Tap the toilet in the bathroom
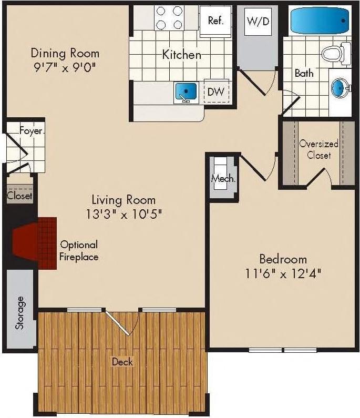pyautogui.click(x=333, y=53)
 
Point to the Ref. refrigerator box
pyautogui.click(x=215, y=21)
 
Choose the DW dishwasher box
pyautogui.click(x=215, y=92)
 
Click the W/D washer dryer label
pyautogui.click(x=258, y=22)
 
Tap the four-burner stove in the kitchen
pyautogui.click(x=170, y=17)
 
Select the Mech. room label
pyautogui.click(x=223, y=178)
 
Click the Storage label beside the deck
pyautogui.click(x=20, y=313)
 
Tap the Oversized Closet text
pyautogui.click(x=319, y=149)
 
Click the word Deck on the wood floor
pyautogui.click(x=122, y=362)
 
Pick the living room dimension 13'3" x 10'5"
pyautogui.click(x=124, y=214)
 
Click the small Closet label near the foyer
pyautogui.click(x=19, y=196)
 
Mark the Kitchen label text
pyautogui.click(x=181, y=54)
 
